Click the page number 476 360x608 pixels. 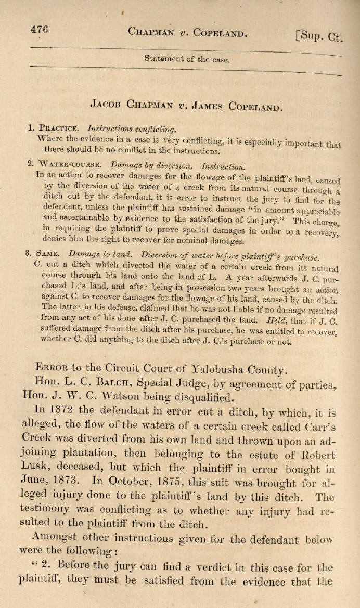point(39,30)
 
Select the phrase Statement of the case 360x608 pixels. point(186,59)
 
